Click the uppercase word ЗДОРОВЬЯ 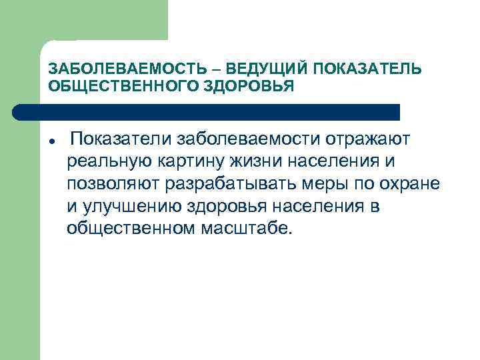point(253,87)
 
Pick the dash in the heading point(217,70)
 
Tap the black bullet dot point(51,143)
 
